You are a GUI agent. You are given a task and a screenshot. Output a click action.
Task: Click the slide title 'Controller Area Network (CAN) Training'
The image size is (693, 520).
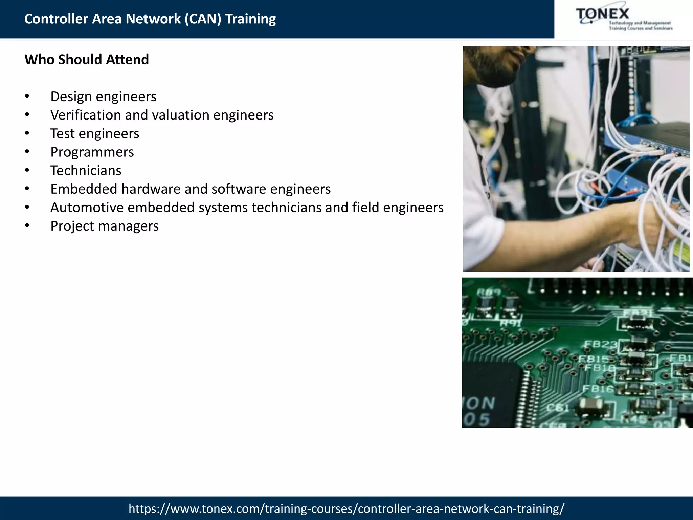(x=150, y=19)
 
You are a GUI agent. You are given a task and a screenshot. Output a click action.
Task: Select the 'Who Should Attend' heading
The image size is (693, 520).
(x=87, y=60)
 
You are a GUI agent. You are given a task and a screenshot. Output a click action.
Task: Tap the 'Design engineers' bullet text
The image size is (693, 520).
(x=103, y=97)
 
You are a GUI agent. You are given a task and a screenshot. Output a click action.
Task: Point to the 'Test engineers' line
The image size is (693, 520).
(x=95, y=134)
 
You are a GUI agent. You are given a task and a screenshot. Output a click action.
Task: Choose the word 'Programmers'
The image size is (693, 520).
(x=92, y=152)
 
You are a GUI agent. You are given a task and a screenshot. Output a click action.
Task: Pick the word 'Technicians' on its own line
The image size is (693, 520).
(x=86, y=171)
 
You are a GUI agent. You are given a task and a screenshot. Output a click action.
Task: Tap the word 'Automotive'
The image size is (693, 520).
(x=87, y=208)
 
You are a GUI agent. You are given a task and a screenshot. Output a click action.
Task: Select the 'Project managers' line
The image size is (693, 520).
(x=104, y=226)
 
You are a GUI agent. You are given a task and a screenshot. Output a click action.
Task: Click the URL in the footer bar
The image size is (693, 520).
(x=346, y=508)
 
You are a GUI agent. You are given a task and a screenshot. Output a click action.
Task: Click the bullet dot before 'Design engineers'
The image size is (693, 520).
(x=27, y=97)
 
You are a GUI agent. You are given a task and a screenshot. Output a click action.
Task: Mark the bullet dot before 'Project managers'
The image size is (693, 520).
(x=27, y=226)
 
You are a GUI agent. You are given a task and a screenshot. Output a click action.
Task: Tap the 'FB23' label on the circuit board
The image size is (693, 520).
(x=601, y=345)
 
